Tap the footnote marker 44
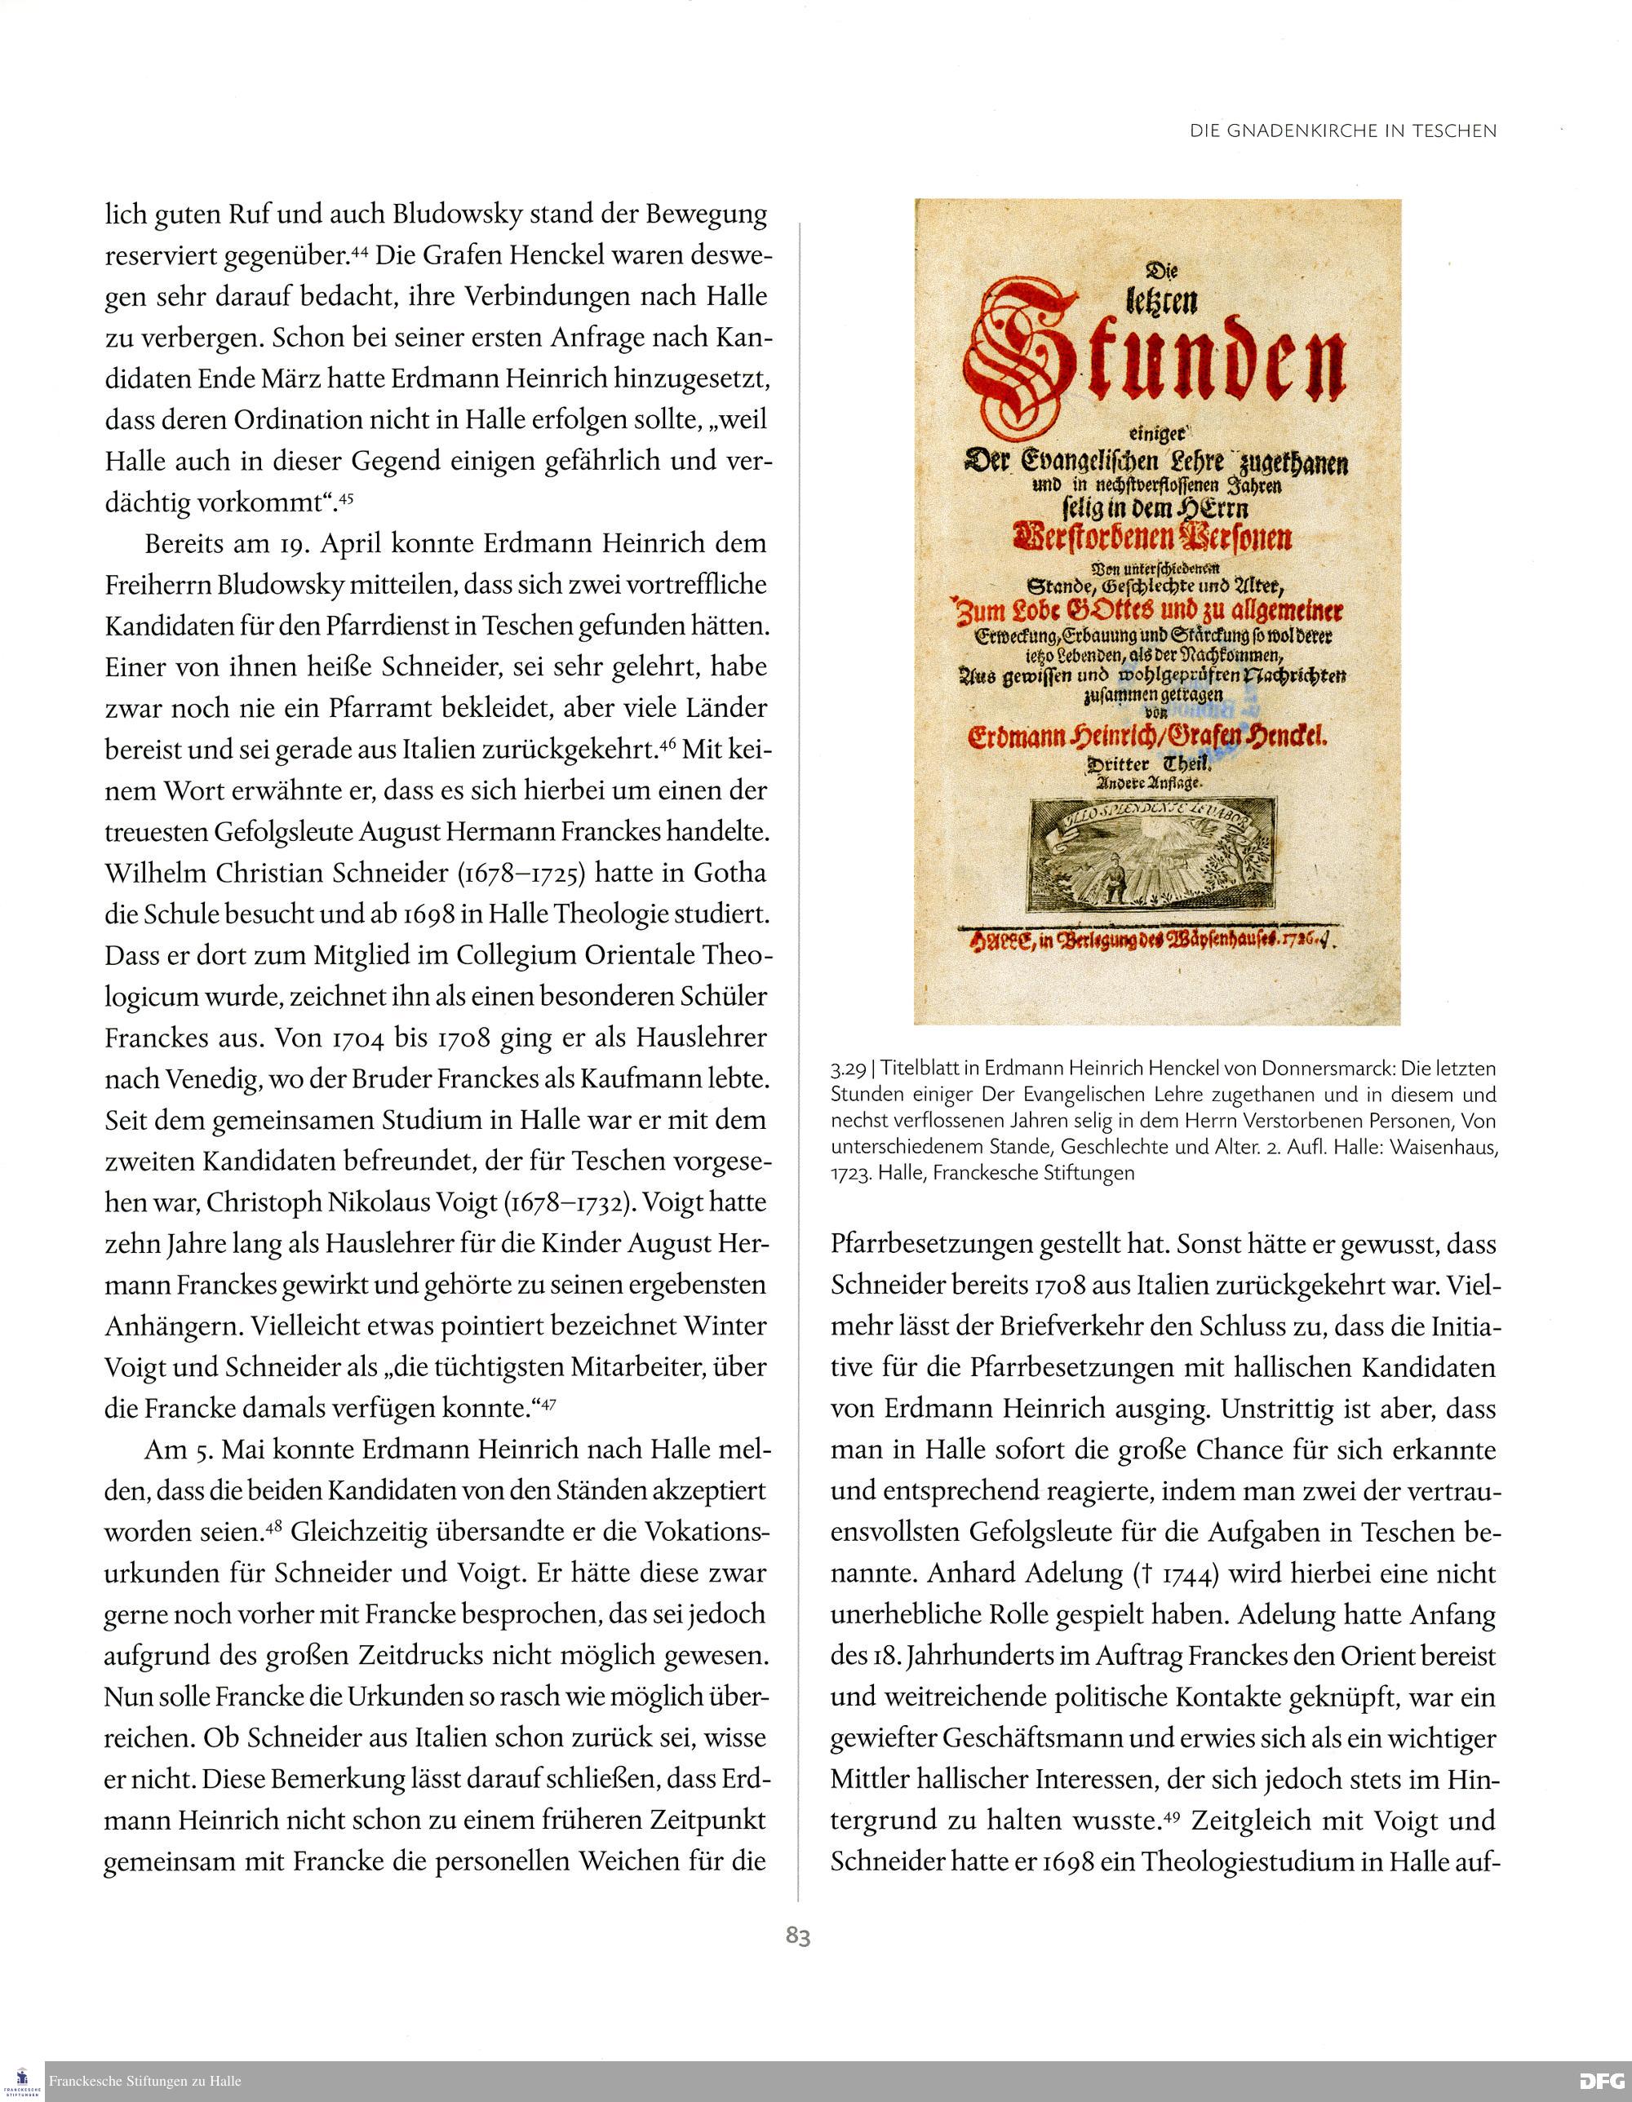360,252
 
